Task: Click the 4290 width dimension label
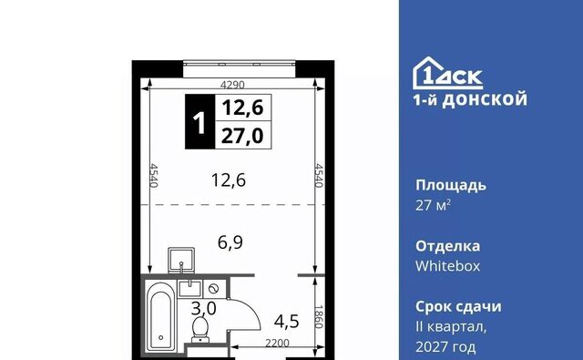232,85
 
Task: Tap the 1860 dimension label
319,317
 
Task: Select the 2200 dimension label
277,343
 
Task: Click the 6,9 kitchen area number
230,242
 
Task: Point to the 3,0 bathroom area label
204,308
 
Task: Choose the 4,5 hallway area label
287,321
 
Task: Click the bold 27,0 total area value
242,136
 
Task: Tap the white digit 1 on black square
199,122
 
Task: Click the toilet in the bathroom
200,329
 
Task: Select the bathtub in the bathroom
160,317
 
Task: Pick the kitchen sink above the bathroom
181,261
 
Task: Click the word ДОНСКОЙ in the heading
485,99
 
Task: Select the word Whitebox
447,266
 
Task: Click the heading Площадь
451,185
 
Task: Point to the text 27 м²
434,205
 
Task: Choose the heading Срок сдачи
458,307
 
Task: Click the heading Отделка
447,246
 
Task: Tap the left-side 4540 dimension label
154,176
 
